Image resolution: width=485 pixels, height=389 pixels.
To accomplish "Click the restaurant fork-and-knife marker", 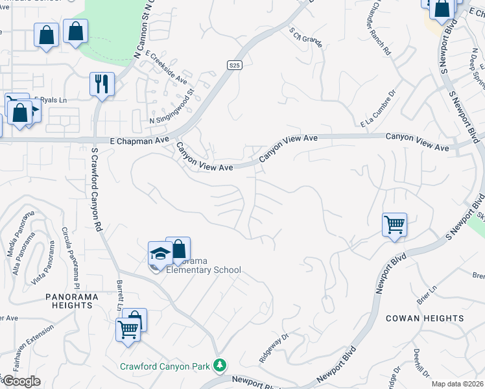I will (x=102, y=84).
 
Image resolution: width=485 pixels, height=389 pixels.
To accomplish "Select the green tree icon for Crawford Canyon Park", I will (x=220, y=366).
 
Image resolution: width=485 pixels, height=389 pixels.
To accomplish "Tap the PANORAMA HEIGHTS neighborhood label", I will (x=69, y=300).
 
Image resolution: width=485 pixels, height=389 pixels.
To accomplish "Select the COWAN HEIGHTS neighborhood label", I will (x=425, y=318).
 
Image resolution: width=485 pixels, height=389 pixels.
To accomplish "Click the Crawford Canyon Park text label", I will (x=165, y=366).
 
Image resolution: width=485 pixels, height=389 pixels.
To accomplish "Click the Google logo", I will (x=21, y=381).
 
